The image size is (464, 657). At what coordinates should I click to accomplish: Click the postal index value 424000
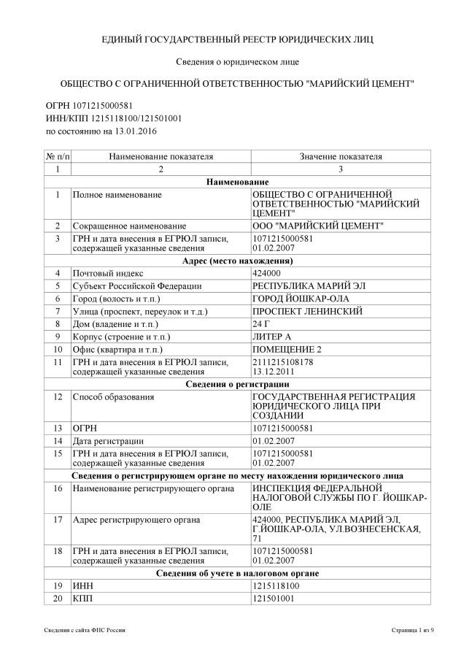pyautogui.click(x=266, y=273)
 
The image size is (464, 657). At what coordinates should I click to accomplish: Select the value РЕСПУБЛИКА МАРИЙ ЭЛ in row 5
pyautogui.click(x=300, y=286)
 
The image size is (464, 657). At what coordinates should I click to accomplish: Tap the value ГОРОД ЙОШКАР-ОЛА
pyautogui.click(x=293, y=299)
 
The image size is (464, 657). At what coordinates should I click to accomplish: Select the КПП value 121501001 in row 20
pyautogui.click(x=273, y=599)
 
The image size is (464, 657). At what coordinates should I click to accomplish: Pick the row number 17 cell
pyautogui.click(x=56, y=520)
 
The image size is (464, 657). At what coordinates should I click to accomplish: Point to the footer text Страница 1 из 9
pyautogui.click(x=412, y=629)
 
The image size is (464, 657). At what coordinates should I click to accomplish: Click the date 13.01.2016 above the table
pyautogui.click(x=135, y=131)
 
